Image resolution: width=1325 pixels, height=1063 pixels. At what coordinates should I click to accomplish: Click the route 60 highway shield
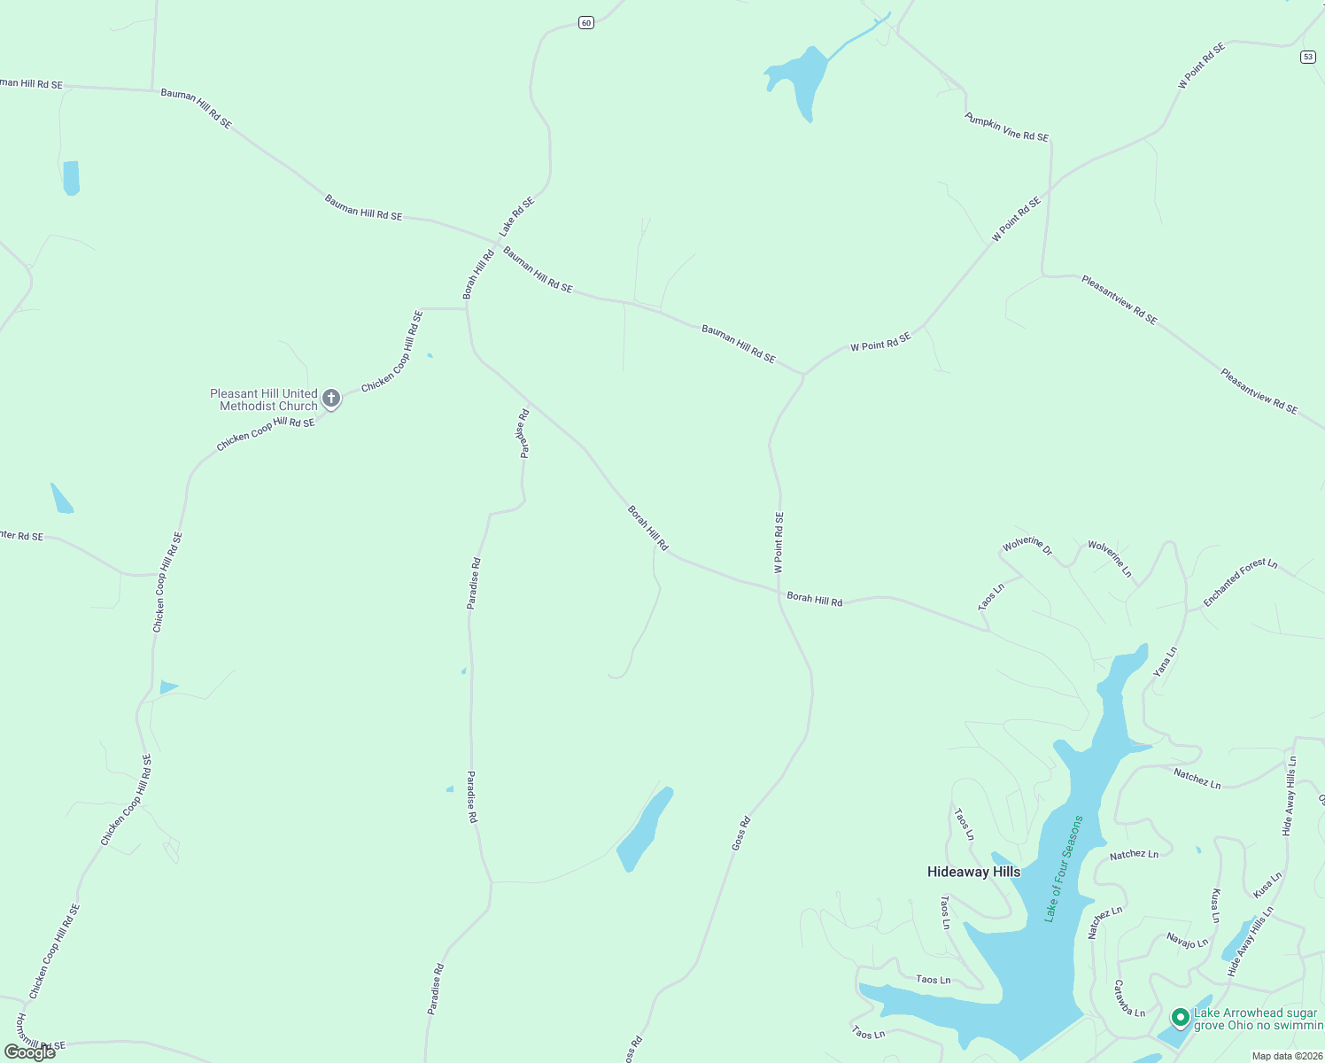586,22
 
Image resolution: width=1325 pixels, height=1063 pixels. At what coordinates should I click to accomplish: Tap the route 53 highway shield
1308,57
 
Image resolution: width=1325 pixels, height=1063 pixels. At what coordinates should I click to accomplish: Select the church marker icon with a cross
331,399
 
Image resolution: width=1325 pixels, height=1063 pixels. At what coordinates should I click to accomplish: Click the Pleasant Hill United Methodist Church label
264,400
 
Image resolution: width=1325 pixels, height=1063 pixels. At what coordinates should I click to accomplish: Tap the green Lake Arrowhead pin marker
1180,1018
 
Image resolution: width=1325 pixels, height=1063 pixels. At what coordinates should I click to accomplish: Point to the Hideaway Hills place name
973,872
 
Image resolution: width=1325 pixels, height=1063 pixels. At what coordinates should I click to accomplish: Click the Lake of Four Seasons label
1064,869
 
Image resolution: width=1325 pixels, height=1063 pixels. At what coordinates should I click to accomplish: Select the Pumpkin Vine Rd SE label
1007,127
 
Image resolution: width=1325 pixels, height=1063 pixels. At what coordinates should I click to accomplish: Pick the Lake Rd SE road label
516,216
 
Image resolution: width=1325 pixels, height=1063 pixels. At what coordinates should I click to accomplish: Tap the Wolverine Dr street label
1027,546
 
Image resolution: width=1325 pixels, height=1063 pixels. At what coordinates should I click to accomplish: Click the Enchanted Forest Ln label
1240,582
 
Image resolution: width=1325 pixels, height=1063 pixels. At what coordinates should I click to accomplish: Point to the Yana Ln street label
1165,662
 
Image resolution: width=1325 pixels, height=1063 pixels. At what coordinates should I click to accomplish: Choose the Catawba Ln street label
1129,998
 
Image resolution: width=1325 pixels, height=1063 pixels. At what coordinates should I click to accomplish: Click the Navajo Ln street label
1187,940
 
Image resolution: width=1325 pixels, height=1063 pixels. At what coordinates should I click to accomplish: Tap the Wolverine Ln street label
1110,559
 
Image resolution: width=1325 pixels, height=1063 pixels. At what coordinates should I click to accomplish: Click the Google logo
30,1052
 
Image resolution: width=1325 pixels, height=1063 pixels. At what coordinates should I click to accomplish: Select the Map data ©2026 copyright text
1286,1056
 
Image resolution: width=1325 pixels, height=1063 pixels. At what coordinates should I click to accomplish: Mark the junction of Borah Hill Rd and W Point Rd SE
779,590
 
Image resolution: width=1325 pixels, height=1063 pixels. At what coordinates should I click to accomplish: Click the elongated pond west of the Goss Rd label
645,829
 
